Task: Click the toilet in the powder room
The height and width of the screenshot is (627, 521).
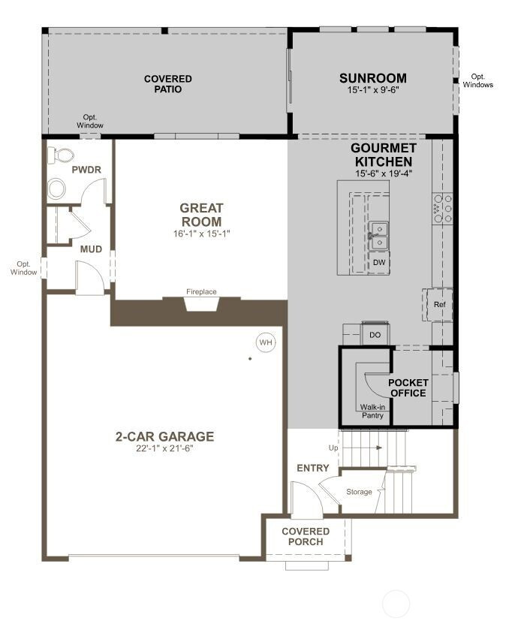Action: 60,155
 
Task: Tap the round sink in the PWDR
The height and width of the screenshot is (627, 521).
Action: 57,188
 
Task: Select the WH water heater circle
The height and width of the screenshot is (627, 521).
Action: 265,342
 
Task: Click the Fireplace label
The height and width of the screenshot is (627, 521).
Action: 201,291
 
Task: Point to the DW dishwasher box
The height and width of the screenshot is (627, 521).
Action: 380,262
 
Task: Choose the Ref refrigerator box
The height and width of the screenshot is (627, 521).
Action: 440,304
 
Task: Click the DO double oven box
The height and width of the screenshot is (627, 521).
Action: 375,335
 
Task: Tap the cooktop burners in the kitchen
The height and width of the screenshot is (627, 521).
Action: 441,209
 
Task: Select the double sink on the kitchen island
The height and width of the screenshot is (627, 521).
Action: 380,235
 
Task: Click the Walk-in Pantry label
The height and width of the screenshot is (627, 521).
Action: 372,410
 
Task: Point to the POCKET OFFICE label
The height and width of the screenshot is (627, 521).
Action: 408,387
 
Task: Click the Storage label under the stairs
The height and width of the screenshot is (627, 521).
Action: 358,492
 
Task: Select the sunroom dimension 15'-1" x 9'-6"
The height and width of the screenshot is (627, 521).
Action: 372,90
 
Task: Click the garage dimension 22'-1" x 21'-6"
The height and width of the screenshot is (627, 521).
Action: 164,449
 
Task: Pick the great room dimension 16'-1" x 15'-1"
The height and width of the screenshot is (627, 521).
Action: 200,234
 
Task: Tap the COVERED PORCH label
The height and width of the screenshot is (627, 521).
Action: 306,536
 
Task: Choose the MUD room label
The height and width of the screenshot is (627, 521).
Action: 92,249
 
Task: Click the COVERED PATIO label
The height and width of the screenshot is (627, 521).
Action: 167,83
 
